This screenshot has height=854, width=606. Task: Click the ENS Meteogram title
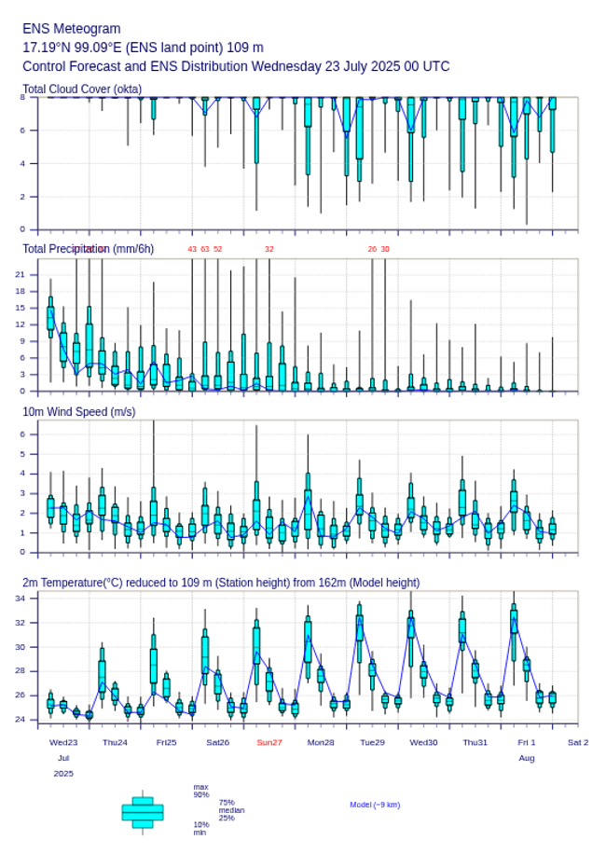pyautogui.click(x=72, y=29)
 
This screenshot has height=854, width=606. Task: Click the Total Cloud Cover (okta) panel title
pyautogui.click(x=82, y=89)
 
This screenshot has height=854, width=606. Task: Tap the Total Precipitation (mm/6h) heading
pyautogui.click(x=88, y=249)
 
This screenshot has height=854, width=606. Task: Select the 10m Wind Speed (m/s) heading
pyautogui.click(x=78, y=411)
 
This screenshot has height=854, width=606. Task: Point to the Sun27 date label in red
pyautogui.click(x=269, y=742)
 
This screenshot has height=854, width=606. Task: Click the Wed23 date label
pyautogui.click(x=63, y=742)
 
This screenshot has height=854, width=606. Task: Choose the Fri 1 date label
pyautogui.click(x=527, y=742)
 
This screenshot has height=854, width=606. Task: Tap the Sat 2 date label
pyautogui.click(x=578, y=742)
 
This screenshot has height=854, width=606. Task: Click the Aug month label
pyautogui.click(x=527, y=758)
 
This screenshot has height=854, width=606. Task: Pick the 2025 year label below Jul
pyautogui.click(x=63, y=774)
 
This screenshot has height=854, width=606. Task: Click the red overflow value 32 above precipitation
pyautogui.click(x=269, y=249)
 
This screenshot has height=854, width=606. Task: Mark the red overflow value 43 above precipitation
pyautogui.click(x=192, y=249)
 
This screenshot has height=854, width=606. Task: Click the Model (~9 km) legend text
pyautogui.click(x=375, y=805)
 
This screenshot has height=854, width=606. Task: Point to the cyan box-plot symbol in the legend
pyautogui.click(x=143, y=812)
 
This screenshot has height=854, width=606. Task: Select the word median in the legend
pyautogui.click(x=231, y=810)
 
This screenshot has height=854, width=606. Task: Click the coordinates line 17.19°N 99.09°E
pyautogui.click(x=143, y=48)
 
